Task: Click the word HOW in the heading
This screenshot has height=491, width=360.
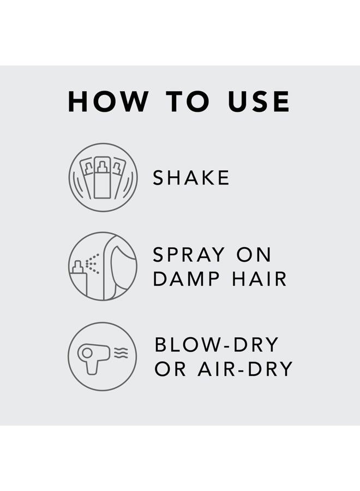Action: pos(108,101)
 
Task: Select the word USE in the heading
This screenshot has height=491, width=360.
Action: pos(259,101)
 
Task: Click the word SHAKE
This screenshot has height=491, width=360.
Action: pos(191,177)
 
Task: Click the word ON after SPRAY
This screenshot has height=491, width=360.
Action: pos(254,255)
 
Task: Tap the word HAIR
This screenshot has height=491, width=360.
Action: pos(259,279)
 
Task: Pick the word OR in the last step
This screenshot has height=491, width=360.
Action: pos(170,369)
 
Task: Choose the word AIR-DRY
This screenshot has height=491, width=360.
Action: pos(245,369)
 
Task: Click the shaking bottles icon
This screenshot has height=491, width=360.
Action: pos(103,177)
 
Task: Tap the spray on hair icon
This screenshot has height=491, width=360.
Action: pos(103,266)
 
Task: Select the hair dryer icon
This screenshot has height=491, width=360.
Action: pos(103,357)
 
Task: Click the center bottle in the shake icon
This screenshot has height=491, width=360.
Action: pos(103,178)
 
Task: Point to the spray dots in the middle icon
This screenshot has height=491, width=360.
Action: pos(92,264)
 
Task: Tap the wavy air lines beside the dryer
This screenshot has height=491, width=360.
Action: pos(121,353)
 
